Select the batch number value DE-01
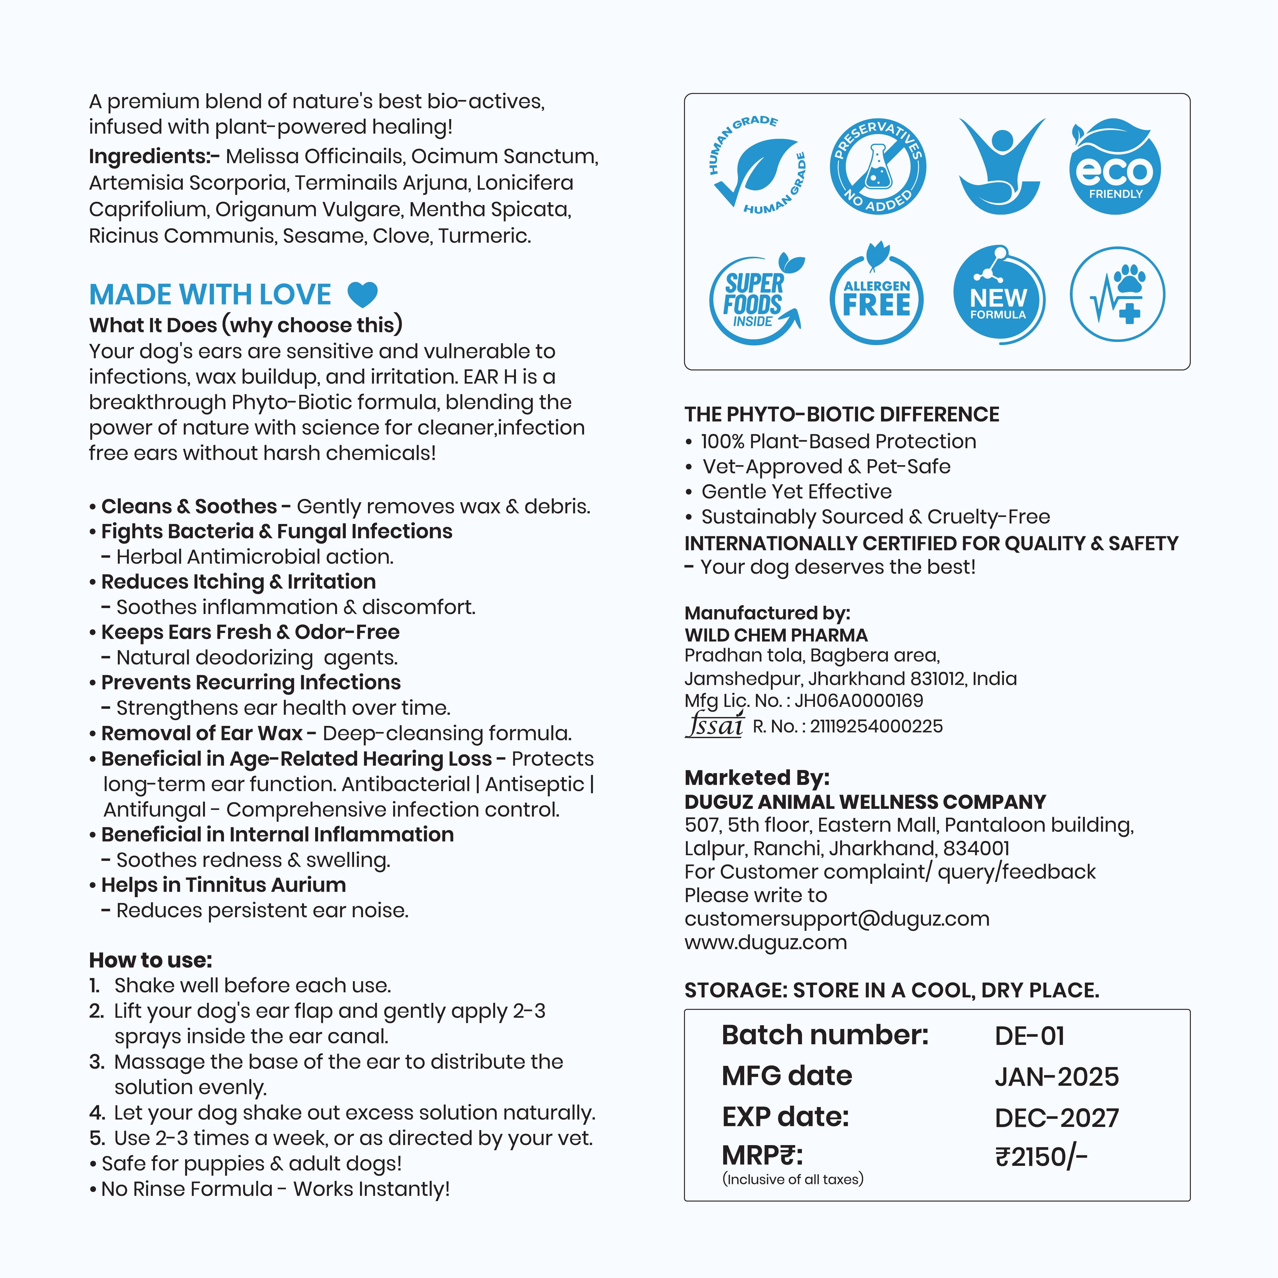click(1029, 1036)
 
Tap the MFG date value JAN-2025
click(1057, 1077)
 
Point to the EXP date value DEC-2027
click(1057, 1118)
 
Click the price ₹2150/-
click(1041, 1157)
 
